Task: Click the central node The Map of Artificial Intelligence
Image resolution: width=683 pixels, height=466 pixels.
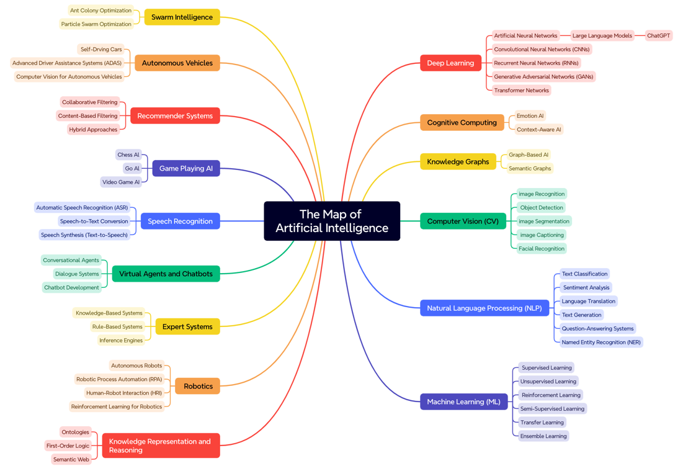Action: [332, 221]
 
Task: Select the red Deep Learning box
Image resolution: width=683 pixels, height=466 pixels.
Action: [450, 63]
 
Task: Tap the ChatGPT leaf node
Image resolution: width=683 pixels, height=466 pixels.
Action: [658, 35]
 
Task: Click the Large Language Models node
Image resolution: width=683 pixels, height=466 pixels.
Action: [602, 35]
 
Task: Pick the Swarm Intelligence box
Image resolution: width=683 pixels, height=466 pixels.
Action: [182, 17]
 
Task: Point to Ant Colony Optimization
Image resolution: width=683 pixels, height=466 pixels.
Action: [100, 11]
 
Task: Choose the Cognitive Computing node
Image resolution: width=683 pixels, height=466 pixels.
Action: [462, 122]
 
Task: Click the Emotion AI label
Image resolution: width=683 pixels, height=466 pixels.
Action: [530, 115]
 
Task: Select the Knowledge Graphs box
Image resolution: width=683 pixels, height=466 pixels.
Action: [458, 161]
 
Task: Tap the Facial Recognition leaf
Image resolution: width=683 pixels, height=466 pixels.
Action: [542, 248]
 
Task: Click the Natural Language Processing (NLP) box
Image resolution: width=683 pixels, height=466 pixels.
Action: [484, 308]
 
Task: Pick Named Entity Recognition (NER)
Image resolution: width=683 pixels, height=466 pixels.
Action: [600, 342]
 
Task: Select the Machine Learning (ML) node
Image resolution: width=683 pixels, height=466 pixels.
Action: [463, 401]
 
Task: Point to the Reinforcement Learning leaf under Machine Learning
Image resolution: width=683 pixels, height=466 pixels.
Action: [551, 395]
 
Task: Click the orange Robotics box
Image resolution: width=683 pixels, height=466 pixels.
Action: [198, 386]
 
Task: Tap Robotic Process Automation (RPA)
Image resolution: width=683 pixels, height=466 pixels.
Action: [119, 379]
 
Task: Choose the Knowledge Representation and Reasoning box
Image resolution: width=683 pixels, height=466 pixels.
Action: [161, 446]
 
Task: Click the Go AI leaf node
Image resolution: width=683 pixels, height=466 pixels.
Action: [132, 168]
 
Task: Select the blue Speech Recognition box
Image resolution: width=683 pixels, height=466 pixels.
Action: [180, 221]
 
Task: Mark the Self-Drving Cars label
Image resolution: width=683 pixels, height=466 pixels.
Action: [101, 49]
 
